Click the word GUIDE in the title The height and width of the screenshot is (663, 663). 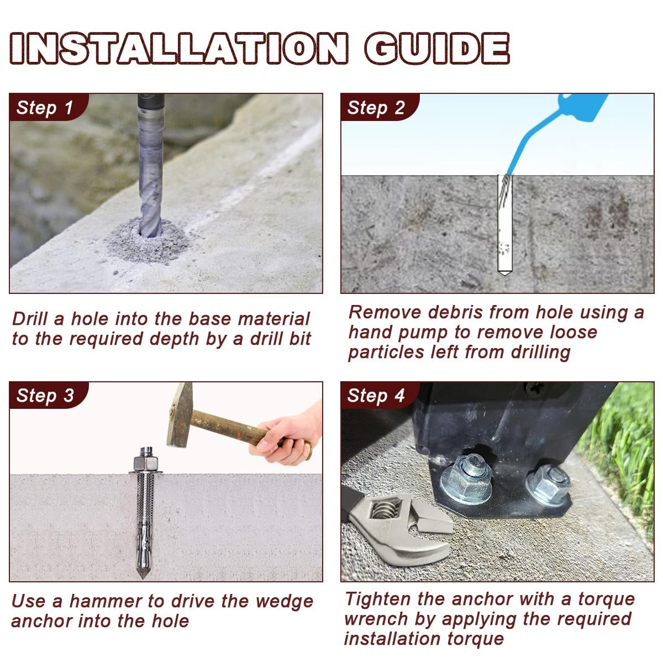point(437,48)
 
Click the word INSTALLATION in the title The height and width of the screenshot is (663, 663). point(179,48)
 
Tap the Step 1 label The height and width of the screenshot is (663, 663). point(45,108)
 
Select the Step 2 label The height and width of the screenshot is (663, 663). point(376,108)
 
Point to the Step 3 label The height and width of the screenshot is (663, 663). point(45,396)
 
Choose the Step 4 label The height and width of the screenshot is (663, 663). point(376,396)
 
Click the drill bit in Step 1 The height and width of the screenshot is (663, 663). point(151,165)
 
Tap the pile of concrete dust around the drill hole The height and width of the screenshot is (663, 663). point(149,241)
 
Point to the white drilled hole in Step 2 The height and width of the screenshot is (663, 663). point(505,224)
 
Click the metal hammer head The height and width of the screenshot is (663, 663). point(180,414)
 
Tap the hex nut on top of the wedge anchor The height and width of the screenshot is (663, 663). point(146,463)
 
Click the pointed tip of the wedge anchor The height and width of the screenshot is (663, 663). point(142,573)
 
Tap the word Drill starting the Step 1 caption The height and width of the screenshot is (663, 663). point(29,319)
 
